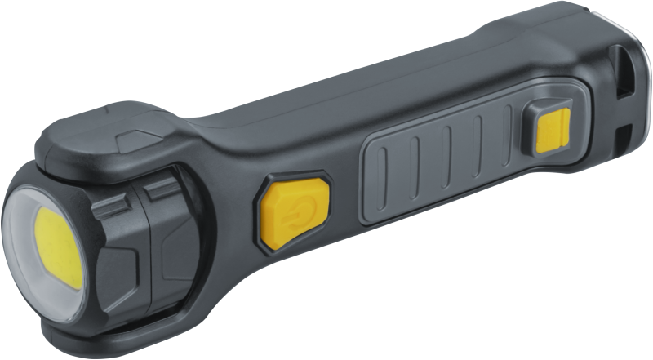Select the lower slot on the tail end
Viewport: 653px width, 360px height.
(624, 131)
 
